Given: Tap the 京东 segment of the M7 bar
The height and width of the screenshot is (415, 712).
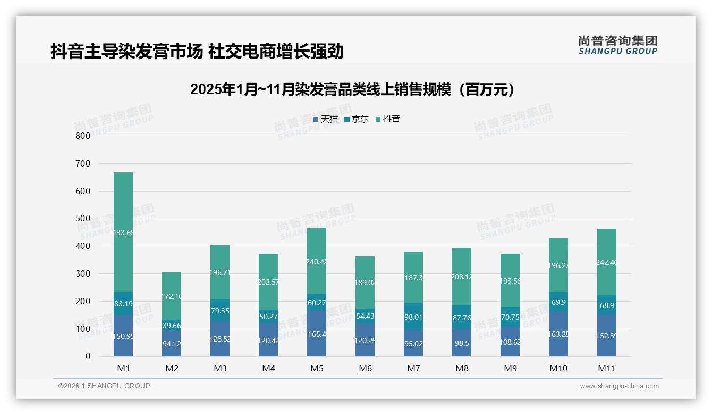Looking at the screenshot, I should click(413, 317).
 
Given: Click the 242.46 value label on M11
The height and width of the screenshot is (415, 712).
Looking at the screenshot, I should click(607, 262).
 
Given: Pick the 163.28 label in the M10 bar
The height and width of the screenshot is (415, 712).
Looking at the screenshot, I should click(558, 336).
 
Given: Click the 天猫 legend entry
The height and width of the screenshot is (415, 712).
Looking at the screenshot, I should click(326, 119).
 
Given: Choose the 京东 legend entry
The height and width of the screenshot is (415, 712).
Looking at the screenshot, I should click(357, 119).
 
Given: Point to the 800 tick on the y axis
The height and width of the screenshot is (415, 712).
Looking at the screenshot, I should click(83, 136).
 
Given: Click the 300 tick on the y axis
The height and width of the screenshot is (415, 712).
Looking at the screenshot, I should click(83, 273).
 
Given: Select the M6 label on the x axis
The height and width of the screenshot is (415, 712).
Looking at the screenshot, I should click(365, 368).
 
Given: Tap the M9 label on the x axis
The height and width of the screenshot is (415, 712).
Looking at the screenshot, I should click(510, 368).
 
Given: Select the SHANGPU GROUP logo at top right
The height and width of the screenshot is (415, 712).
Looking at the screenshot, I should click(617, 45).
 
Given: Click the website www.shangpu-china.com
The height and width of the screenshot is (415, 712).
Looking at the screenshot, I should click(619, 386).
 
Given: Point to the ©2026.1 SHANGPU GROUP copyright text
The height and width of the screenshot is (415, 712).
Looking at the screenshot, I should click(104, 386).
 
